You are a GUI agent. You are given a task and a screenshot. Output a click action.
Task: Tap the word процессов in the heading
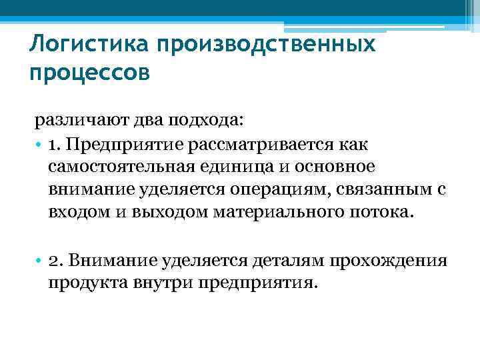pos(90,71)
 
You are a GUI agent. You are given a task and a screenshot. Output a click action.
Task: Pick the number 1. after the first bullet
pos(55,144)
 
